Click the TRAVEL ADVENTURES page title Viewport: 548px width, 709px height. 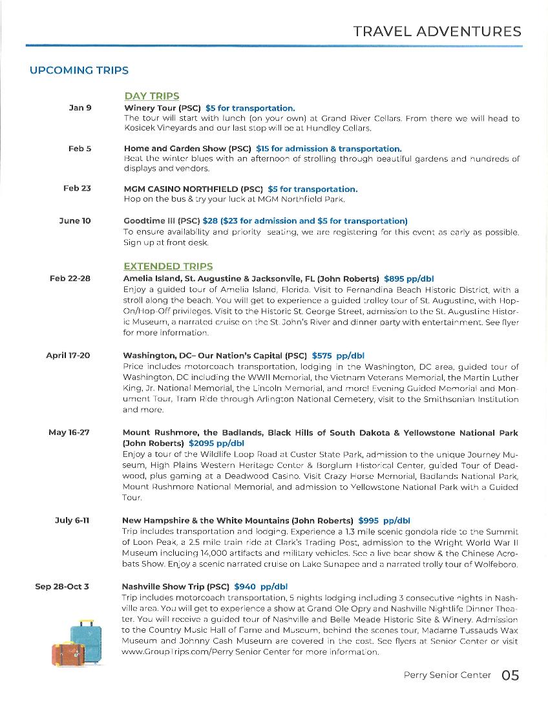click(437, 31)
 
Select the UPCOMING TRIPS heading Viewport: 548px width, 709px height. click(79, 70)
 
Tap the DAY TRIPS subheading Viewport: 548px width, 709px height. click(152, 96)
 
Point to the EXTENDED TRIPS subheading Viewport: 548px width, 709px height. click(168, 266)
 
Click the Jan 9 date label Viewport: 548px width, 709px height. click(79, 108)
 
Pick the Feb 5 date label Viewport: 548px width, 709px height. click(79, 149)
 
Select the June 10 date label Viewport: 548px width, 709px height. click(75, 221)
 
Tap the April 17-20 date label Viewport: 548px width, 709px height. click(68, 355)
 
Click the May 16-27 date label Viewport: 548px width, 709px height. click(68, 432)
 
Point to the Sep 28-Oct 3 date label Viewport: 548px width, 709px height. click(62, 587)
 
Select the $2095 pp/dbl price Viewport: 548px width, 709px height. click(216, 443)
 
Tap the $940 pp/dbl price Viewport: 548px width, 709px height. click(260, 587)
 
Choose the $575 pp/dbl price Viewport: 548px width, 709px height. click(338, 355)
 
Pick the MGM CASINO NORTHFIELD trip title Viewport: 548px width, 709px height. click(193, 189)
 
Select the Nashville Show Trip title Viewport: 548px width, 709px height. click(176, 587)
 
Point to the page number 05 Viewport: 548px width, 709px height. click(510, 675)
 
